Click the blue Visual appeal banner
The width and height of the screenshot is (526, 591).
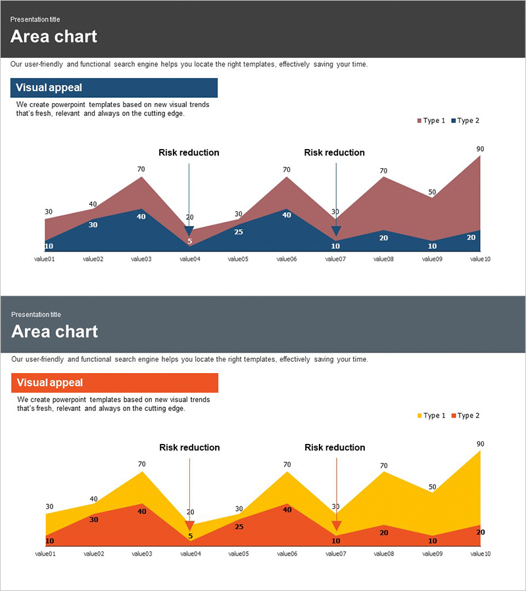click(114, 88)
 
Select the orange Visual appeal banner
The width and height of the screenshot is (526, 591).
click(114, 383)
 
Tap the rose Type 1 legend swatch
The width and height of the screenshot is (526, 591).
click(419, 121)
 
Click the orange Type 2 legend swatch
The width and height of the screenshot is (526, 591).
click(454, 416)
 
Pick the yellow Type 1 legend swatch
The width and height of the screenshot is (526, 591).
click(419, 416)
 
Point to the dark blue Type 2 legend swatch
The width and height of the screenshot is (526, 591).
click(454, 121)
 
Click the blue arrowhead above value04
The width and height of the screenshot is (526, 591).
click(189, 231)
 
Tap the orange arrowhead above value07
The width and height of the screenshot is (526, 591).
click(337, 526)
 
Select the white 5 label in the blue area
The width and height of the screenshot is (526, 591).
click(189, 242)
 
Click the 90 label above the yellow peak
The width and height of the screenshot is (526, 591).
click(480, 444)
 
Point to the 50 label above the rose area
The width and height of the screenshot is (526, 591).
click(432, 192)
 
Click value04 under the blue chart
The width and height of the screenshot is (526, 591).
click(189, 259)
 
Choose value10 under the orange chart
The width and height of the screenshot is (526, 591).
click(481, 554)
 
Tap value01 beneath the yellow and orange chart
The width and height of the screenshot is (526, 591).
click(45, 554)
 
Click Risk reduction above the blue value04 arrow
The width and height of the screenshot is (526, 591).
click(189, 152)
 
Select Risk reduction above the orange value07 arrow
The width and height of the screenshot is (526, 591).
click(335, 447)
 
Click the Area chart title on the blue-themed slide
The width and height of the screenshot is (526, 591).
click(54, 37)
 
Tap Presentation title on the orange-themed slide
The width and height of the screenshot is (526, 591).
click(36, 315)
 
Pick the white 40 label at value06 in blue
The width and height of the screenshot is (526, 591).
click(287, 215)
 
